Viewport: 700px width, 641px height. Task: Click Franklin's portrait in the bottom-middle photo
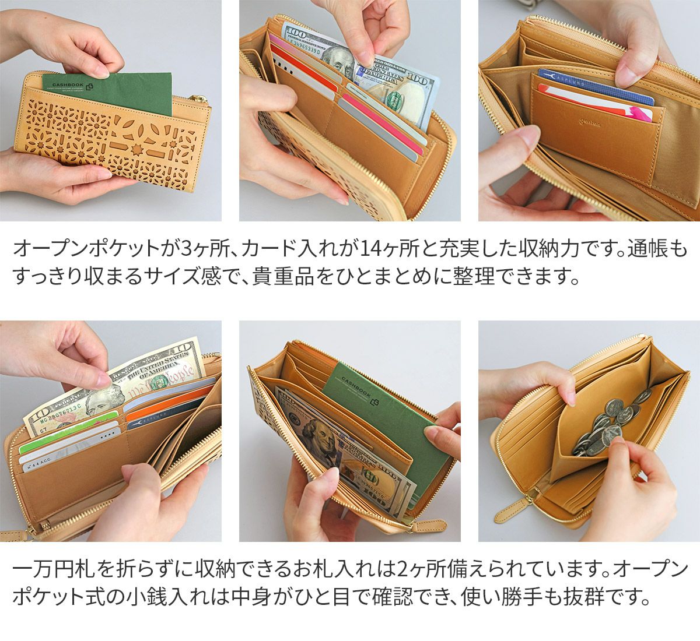click(318, 436)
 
